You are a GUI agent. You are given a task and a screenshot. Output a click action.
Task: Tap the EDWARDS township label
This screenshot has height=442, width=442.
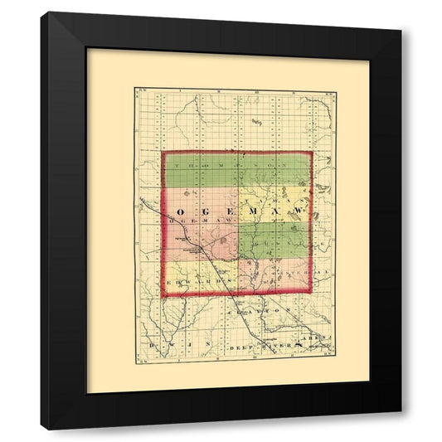pos(192,282)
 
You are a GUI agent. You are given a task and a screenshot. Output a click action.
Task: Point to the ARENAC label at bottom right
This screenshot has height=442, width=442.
pos(321,338)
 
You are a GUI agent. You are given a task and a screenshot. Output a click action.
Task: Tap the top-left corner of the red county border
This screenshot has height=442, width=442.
pos(164,153)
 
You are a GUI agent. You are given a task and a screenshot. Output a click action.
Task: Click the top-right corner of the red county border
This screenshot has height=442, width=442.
pos(310,153)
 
